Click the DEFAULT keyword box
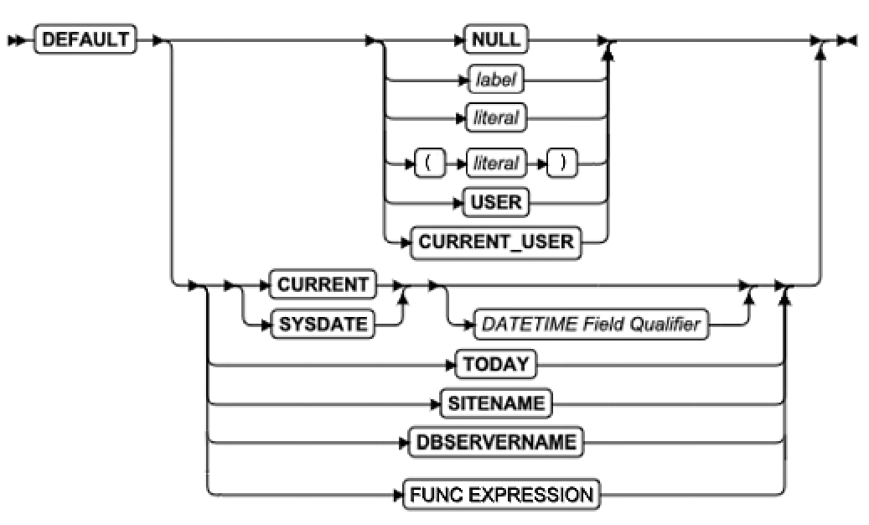pyautogui.click(x=85, y=39)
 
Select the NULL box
pyautogui.click(x=496, y=39)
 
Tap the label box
pyautogui.click(x=496, y=81)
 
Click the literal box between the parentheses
pyautogui.click(x=496, y=163)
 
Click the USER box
pyautogui.click(x=496, y=202)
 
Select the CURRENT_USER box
pyautogui.click(x=496, y=243)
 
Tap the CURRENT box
pyautogui.click(x=323, y=284)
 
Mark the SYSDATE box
pyautogui.click(x=323, y=325)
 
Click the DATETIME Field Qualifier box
pyautogui.click(x=589, y=325)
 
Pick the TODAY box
pyautogui.click(x=497, y=365)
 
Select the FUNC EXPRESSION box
pyautogui.click(x=501, y=495)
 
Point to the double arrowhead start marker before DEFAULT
pyautogui.click(x=17, y=39)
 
